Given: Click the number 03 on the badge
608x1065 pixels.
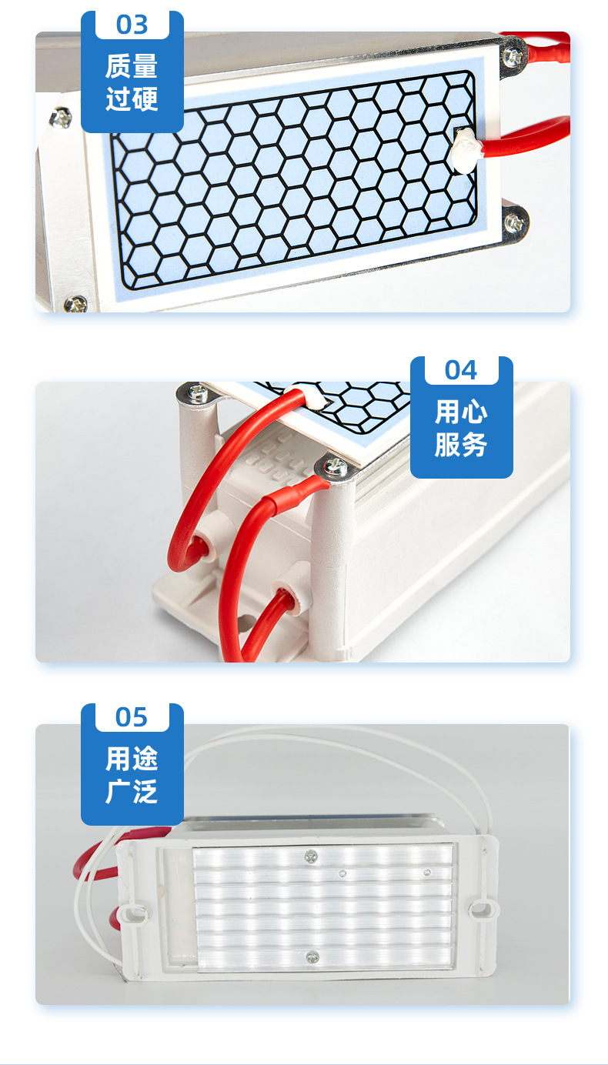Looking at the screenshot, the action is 132,25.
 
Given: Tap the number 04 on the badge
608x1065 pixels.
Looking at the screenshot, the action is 461,370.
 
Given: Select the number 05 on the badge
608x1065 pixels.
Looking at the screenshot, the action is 132,717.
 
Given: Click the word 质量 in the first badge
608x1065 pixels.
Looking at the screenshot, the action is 132,66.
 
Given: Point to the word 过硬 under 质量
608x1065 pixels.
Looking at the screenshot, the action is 132,99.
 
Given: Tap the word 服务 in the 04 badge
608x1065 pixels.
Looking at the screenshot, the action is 461,445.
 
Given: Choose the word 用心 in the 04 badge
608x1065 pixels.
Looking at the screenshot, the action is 461,412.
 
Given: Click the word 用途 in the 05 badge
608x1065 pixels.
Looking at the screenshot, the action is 132,758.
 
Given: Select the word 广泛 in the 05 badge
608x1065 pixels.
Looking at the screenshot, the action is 132,792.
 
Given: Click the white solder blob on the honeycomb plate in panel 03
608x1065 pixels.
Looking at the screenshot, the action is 466,149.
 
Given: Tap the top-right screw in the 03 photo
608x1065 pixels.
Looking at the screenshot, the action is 513,58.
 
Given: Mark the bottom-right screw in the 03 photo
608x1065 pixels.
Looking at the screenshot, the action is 514,222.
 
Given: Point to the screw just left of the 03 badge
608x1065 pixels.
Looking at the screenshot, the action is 61,118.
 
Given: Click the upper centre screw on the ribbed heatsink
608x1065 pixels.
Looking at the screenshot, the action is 311,856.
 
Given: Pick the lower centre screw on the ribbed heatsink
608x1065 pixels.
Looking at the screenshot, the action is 312,956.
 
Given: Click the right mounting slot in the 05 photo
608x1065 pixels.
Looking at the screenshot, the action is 480,909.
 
